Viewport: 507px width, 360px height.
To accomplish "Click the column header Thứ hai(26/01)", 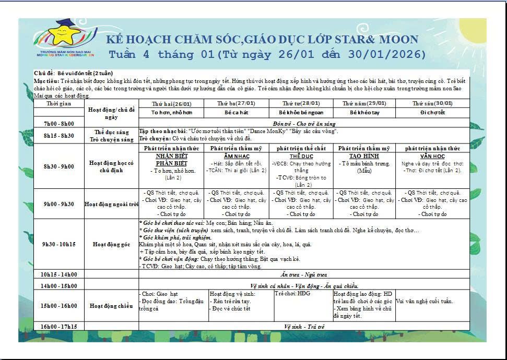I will tap(171, 103).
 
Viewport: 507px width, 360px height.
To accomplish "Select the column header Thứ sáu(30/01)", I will tap(432, 103).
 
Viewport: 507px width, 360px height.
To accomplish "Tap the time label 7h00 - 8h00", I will tap(58, 124).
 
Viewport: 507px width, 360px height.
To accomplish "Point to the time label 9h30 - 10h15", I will tap(58, 244).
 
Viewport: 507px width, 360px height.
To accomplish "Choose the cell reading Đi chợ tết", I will tap(432, 112).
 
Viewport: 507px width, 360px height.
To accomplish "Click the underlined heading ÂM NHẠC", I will tap(237, 157).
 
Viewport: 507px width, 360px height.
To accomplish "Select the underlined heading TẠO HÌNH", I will tap(364, 157).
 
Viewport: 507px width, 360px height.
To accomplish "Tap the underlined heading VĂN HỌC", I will tap(432, 157).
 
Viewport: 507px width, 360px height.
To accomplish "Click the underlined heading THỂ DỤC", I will tap(301, 157).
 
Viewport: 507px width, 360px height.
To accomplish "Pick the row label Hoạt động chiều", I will tap(111, 306).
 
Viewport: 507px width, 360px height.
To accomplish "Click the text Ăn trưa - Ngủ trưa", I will tap(303, 274).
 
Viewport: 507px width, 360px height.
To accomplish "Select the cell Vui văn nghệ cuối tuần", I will tap(425, 301).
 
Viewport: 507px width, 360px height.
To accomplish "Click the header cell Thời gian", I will tap(58, 103).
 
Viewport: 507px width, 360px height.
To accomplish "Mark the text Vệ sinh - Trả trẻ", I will tap(304, 327).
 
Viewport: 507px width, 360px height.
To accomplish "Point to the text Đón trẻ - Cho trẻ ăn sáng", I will tap(304, 124).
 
